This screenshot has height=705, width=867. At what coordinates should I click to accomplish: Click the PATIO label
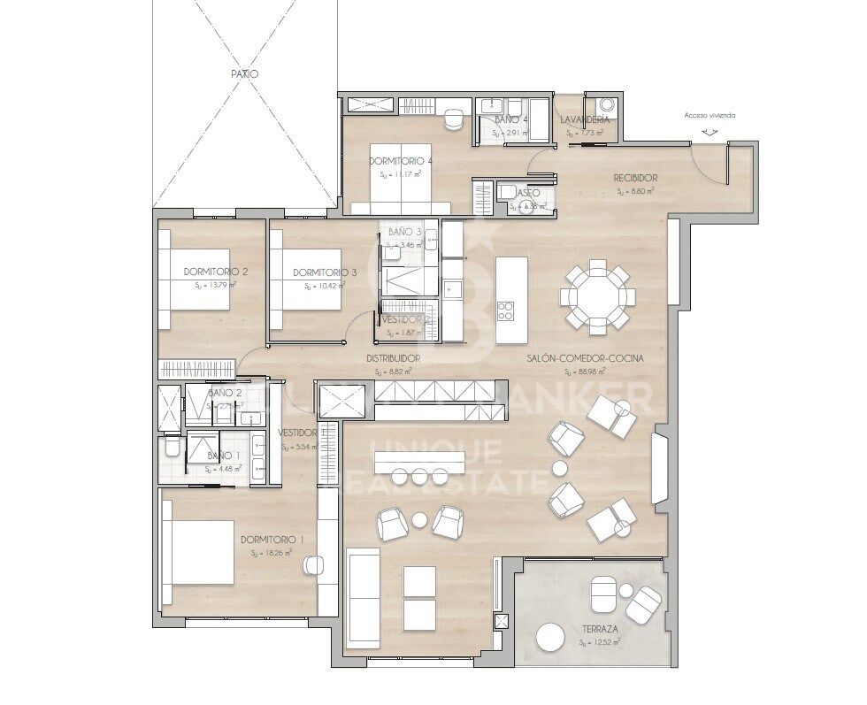tap(244, 75)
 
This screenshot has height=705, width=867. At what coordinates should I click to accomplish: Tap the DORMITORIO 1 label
tap(272, 540)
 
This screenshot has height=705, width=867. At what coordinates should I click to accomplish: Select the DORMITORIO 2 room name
tap(215, 272)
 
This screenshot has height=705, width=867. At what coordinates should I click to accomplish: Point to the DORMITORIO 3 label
tap(325, 272)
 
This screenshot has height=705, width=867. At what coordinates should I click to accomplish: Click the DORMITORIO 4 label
tap(401, 161)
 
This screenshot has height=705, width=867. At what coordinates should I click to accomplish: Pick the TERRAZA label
tap(600, 629)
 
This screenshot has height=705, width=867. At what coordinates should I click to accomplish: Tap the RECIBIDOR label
tap(635, 178)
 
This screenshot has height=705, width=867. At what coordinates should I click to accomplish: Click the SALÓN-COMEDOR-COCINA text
tap(584, 358)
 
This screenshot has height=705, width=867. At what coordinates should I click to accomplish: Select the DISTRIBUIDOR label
tap(393, 358)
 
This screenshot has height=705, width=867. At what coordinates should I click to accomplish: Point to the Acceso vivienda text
tap(710, 115)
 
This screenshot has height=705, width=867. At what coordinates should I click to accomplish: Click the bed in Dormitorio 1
tap(198, 552)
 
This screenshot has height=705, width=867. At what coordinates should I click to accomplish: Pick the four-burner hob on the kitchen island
tap(507, 310)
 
